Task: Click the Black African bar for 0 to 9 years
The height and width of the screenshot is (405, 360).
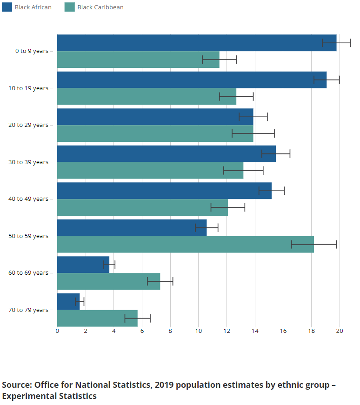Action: [x=195, y=43]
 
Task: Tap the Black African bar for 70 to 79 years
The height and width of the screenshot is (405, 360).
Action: [x=68, y=301]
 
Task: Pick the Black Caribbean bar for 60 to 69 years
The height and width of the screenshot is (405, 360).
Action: [x=108, y=281]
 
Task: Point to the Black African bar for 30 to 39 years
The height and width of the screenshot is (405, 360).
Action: [x=166, y=153]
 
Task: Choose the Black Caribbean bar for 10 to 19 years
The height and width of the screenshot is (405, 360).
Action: [x=146, y=96]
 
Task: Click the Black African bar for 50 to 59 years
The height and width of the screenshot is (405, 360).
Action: [x=131, y=227]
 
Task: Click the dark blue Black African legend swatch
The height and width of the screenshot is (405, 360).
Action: [x=7, y=7]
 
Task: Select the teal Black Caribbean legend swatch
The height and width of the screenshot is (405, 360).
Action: [x=70, y=7]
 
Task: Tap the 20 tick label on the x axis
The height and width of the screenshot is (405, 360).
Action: [x=340, y=331]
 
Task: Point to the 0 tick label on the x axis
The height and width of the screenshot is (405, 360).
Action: [x=57, y=331]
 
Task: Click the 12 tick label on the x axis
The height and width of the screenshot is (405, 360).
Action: [x=227, y=331]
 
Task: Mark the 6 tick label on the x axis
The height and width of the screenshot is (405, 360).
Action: [x=142, y=331]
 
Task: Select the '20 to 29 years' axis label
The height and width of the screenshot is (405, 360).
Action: [x=28, y=125]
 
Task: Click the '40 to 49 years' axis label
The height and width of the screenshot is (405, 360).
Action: [x=28, y=199]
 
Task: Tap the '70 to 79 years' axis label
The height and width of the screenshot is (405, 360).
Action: [x=28, y=310]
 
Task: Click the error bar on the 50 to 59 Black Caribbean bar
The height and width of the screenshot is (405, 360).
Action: [x=314, y=244]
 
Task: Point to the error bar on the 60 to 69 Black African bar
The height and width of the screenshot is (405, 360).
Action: [x=109, y=265]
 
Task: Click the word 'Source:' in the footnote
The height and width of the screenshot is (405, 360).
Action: [x=17, y=385]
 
